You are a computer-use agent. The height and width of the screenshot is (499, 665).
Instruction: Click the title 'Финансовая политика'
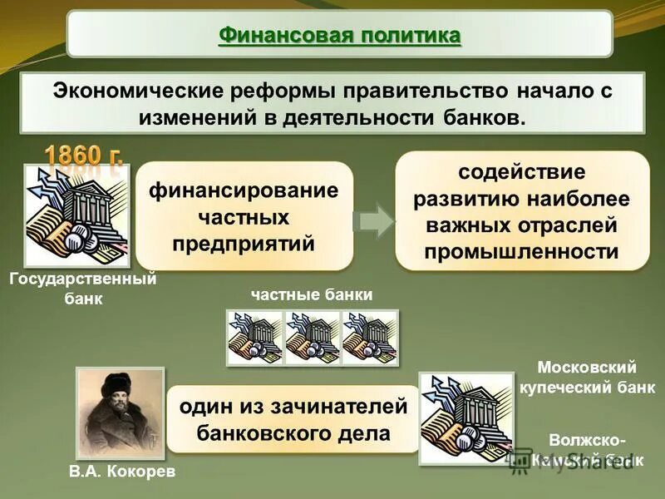(x=339, y=36)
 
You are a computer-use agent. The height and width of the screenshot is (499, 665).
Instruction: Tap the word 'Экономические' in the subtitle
(x=141, y=89)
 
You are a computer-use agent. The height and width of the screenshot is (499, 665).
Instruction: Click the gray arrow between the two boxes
(x=373, y=220)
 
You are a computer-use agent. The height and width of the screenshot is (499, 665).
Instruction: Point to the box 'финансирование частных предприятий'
(x=244, y=216)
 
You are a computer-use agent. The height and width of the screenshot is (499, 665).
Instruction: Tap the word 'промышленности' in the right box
(x=522, y=251)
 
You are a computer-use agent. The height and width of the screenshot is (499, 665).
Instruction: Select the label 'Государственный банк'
(x=82, y=289)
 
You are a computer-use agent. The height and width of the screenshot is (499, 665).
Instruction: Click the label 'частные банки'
(x=312, y=294)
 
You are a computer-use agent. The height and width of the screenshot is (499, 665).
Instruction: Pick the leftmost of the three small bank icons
(x=254, y=337)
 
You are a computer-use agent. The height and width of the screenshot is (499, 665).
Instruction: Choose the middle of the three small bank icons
(x=312, y=337)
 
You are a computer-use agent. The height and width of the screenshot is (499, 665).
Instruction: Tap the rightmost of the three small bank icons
(x=370, y=337)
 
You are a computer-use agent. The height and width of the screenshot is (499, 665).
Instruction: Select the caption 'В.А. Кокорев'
(x=122, y=472)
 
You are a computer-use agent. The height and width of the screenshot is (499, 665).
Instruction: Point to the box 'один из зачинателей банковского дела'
(x=294, y=419)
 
